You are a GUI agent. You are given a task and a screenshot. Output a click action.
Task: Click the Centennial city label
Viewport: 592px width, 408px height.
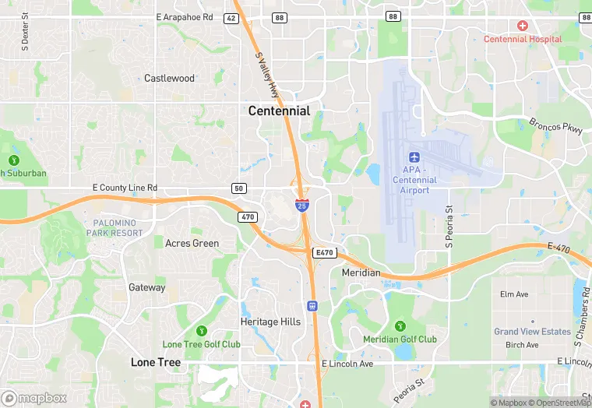279,111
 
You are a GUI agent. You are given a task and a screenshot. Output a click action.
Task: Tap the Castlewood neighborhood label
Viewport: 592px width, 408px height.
169,79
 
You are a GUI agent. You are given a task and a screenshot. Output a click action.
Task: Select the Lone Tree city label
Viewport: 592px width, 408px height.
156,362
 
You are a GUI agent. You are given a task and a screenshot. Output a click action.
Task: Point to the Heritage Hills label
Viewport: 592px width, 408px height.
270,322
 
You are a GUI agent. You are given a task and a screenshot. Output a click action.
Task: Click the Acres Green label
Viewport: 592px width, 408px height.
192,243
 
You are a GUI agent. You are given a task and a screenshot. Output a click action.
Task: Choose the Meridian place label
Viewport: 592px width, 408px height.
361,273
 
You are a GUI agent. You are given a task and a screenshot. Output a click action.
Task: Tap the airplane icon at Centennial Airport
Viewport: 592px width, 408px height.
414,156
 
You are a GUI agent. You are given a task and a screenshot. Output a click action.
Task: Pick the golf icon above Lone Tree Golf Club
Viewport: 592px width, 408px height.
202,331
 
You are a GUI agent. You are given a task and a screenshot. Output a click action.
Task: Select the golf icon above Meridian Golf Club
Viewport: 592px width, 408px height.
400,325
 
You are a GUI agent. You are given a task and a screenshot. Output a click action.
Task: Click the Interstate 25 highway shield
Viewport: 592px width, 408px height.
301,205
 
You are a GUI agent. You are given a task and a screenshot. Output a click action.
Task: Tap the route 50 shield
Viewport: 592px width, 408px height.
239,188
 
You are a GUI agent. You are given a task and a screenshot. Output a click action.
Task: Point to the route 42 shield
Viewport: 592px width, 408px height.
231,18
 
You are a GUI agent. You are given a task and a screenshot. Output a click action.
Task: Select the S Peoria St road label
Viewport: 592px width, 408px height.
449,226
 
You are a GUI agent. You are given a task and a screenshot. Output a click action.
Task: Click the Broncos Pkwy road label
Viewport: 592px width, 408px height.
555,127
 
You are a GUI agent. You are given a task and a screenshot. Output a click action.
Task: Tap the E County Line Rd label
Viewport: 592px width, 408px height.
125,188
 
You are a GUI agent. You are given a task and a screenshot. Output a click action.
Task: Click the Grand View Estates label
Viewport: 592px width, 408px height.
532,332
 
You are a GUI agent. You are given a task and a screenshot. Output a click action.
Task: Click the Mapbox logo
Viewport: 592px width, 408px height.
34,398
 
